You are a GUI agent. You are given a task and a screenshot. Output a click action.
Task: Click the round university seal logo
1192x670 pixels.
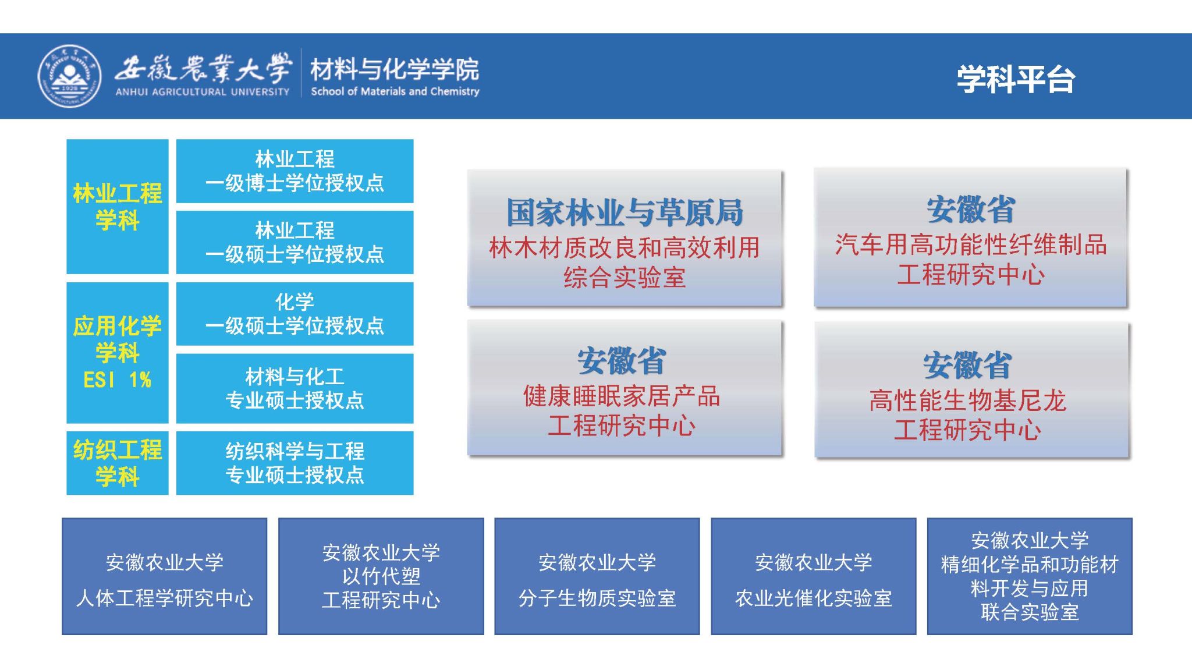(x=69, y=76)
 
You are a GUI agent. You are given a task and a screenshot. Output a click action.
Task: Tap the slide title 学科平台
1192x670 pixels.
(x=1016, y=79)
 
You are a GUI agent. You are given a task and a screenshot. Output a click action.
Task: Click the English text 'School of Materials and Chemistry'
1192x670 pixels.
(x=395, y=91)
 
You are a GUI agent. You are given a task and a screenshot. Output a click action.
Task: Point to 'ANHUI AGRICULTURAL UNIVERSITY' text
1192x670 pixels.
(x=202, y=91)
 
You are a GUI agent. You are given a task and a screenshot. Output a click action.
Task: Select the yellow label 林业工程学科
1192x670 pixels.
(x=118, y=207)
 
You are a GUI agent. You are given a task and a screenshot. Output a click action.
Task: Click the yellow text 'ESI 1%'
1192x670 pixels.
(x=118, y=380)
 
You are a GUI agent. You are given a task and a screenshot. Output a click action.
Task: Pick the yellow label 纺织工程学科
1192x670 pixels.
(x=118, y=463)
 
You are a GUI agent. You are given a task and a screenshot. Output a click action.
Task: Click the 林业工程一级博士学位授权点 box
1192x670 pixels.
(x=295, y=171)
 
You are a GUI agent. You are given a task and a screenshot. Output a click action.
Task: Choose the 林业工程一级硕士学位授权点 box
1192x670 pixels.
(x=295, y=242)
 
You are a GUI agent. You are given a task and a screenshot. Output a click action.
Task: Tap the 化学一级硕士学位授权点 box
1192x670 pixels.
(x=295, y=314)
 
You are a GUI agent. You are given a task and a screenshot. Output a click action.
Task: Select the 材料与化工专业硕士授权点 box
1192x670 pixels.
(x=295, y=388)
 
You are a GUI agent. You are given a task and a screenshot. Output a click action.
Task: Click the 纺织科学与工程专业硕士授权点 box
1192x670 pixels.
(x=295, y=463)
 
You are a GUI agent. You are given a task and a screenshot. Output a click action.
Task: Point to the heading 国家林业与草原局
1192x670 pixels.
(x=625, y=212)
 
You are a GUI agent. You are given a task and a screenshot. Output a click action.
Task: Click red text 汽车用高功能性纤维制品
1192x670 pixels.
(x=971, y=244)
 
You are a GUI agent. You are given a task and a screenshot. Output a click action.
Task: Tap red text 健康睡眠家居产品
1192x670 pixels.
(x=622, y=396)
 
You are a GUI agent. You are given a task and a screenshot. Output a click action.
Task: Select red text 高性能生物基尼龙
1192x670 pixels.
(x=967, y=400)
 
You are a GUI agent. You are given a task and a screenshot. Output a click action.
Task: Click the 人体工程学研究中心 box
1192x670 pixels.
(x=165, y=576)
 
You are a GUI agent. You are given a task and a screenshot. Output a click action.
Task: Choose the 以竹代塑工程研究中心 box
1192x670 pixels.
(x=381, y=576)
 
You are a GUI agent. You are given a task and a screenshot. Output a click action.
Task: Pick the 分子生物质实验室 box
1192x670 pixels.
(x=597, y=576)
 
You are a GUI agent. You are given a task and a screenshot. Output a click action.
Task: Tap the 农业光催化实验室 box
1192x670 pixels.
(x=814, y=576)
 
